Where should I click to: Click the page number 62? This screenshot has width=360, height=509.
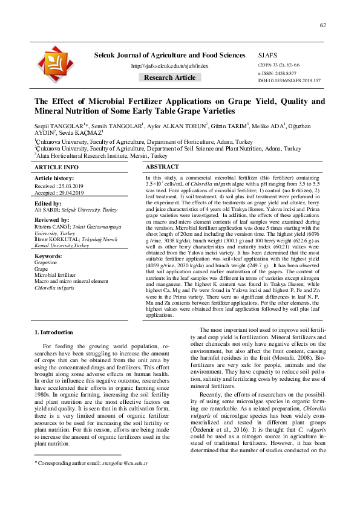click(323, 25)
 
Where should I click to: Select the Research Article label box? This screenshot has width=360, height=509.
click(169, 77)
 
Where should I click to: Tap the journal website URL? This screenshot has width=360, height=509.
click(169, 66)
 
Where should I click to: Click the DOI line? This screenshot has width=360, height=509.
click(289, 80)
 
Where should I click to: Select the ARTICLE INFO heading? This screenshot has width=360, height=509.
click(56, 167)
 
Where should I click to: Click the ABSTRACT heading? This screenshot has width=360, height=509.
click(162, 166)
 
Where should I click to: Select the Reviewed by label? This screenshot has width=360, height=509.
click(51, 219)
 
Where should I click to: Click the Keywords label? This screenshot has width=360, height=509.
click(48, 256)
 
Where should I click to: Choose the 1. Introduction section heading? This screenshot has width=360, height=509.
click(54, 332)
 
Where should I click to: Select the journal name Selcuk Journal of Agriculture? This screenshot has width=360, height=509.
click(170, 55)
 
